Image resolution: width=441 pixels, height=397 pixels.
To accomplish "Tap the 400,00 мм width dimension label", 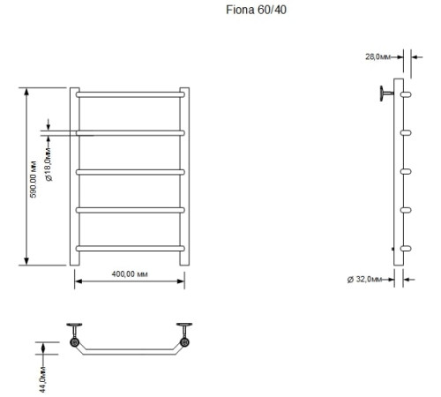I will (129, 274).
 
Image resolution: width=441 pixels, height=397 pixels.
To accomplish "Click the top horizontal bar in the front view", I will (130, 93).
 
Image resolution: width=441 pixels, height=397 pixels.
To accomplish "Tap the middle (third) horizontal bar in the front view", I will (130, 171).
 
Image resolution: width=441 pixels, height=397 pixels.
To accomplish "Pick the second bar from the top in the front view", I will (130, 132).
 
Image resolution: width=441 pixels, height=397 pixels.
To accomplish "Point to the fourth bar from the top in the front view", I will (130, 210).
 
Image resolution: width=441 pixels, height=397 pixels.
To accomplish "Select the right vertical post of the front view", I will (184, 176).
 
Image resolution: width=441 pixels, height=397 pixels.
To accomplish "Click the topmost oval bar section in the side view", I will (406, 94).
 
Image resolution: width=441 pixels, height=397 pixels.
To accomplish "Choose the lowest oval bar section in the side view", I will (406, 249).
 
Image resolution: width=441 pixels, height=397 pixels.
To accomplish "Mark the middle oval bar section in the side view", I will (406, 171).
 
